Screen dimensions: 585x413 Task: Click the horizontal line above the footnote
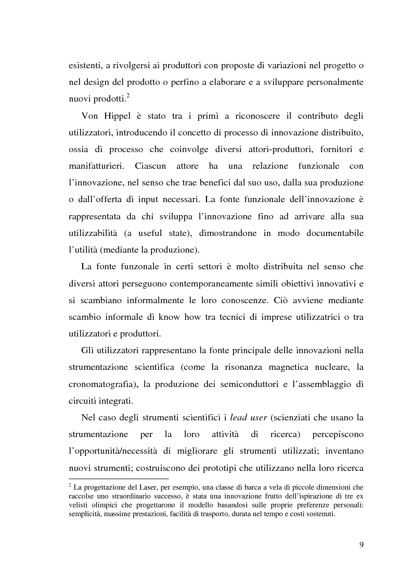pyautogui.click(x=119, y=478)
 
